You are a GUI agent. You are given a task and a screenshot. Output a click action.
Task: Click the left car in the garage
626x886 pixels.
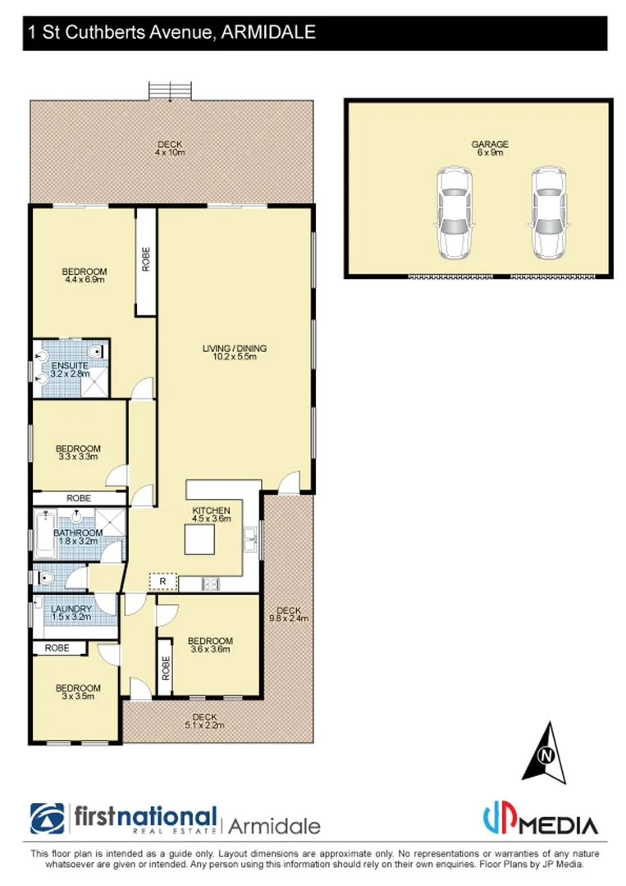click(x=453, y=212)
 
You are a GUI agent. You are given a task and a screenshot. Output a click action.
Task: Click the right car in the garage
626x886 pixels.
click(x=547, y=212)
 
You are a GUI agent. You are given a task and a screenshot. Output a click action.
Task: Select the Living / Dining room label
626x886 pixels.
click(x=235, y=353)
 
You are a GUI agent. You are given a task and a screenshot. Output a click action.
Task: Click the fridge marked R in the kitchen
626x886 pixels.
click(x=162, y=582)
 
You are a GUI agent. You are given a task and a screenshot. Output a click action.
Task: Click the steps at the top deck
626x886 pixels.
click(x=170, y=89)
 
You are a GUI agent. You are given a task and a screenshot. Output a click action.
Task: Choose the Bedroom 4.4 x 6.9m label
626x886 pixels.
click(x=85, y=276)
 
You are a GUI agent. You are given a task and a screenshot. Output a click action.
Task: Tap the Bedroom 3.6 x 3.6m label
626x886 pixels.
click(x=210, y=645)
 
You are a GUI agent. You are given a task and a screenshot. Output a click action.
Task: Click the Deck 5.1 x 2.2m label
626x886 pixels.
click(x=203, y=721)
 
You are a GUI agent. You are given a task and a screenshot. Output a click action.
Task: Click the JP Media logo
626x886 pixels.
click(x=538, y=820)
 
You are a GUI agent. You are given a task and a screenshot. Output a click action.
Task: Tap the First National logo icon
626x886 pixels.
click(x=48, y=820)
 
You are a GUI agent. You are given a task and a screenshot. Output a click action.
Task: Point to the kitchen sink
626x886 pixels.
click(x=250, y=541)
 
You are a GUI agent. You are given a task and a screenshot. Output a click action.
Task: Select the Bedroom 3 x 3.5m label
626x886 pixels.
click(x=78, y=692)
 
